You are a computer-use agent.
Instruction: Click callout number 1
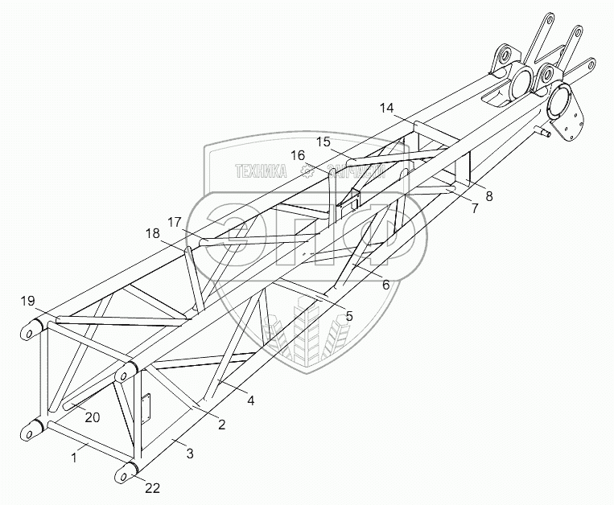pyautogui.click(x=75, y=458)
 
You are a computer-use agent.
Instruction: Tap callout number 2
pyautogui.click(x=221, y=424)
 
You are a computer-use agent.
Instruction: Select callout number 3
pyautogui.click(x=190, y=454)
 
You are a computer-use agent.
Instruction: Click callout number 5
pyautogui.click(x=349, y=316)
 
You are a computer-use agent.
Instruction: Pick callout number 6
pyautogui.click(x=385, y=284)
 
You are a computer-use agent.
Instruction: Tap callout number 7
pyautogui.click(x=474, y=208)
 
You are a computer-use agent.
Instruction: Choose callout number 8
pyautogui.click(x=488, y=195)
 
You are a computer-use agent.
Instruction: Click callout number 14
pyautogui.click(x=387, y=108)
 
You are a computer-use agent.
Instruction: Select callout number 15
pyautogui.click(x=323, y=142)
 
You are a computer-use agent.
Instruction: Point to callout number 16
pyautogui.click(x=299, y=155)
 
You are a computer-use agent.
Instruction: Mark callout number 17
pyautogui.click(x=175, y=221)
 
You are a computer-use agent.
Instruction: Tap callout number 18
pyautogui.click(x=153, y=233)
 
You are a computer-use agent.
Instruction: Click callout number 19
pyautogui.click(x=28, y=302)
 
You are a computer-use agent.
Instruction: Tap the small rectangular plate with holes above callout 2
pyautogui.click(x=146, y=409)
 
